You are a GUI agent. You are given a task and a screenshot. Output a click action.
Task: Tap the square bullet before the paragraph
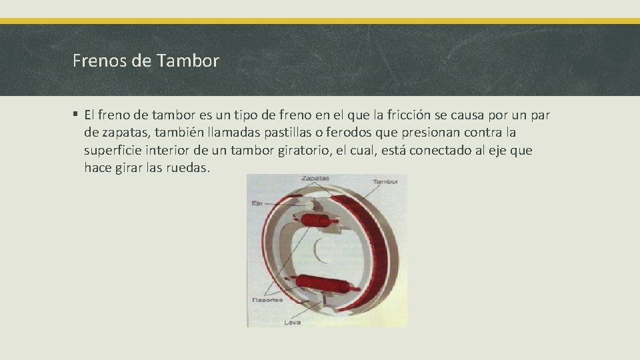pyautogui.click(x=77, y=115)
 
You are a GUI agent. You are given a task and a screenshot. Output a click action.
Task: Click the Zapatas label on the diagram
pyautogui.click(x=315, y=179)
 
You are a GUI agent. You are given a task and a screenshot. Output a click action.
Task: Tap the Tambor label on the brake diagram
pyautogui.click(x=386, y=181)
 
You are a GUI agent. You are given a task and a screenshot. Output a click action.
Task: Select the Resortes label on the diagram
pyautogui.click(x=267, y=300)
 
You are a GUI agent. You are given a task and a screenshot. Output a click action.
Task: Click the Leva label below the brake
pyautogui.click(x=292, y=322)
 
